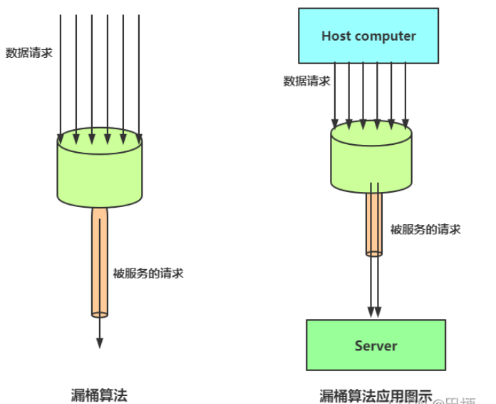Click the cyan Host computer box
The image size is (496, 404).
(368, 36)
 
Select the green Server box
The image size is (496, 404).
(376, 345)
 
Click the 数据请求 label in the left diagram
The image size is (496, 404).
(29, 53)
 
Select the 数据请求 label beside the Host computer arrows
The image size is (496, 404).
(306, 81)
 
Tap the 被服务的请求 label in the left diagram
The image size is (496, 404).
(148, 273)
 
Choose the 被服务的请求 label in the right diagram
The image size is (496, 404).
(425, 229)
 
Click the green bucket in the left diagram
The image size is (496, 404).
(100, 171)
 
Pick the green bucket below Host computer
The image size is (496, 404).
(372, 161)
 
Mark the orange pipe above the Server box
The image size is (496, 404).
(374, 221)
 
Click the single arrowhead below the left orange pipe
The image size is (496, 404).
(100, 342)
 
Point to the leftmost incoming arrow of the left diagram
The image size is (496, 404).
(61, 71)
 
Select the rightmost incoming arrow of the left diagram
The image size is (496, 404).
(139, 71)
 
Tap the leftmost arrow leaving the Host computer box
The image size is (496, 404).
(335, 93)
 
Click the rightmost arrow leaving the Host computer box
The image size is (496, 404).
(405, 93)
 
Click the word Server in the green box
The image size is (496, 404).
(376, 345)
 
